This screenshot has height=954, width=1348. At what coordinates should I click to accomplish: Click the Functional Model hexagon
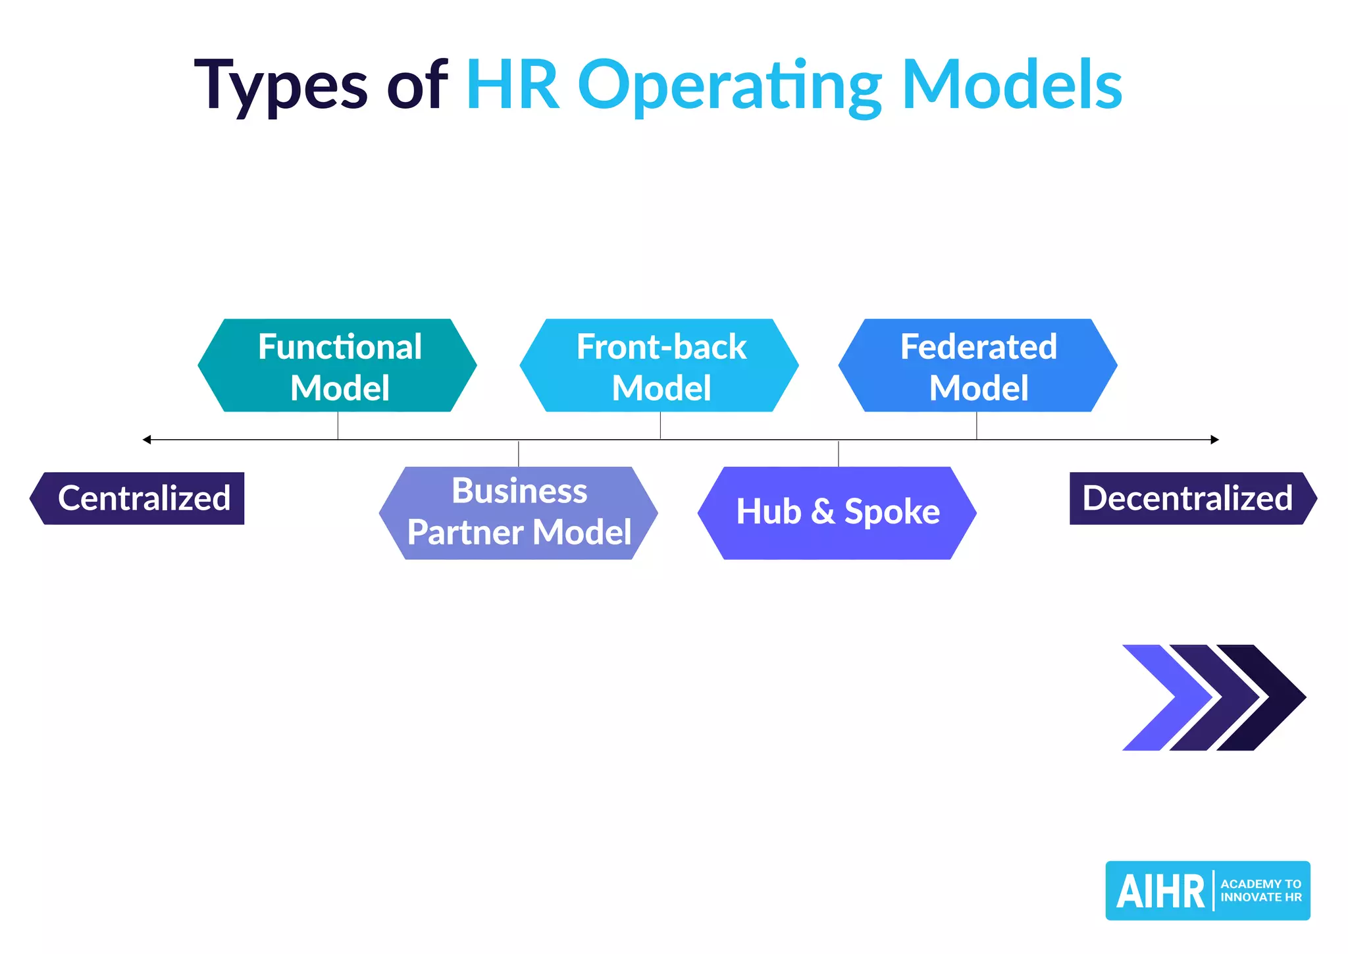337,365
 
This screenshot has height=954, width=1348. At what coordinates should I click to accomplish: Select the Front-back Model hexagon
660,365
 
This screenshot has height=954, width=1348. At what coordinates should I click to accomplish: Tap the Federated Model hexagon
978,365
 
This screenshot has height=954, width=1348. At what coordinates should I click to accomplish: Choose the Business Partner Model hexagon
519,513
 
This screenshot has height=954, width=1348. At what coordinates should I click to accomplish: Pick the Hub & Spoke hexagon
837,513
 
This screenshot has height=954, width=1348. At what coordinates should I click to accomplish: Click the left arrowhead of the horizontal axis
147,440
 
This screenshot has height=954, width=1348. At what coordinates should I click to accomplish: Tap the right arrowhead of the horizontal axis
1214,440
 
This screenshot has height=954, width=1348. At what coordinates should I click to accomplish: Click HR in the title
513,86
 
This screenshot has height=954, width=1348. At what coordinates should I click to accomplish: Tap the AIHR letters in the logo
1160,891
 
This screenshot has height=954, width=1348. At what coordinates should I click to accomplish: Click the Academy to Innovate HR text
1260,891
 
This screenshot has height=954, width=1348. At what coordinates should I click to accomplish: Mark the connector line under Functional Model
338,425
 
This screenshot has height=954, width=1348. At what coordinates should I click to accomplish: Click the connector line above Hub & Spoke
838,454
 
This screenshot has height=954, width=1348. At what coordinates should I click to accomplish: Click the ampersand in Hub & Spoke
823,512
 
